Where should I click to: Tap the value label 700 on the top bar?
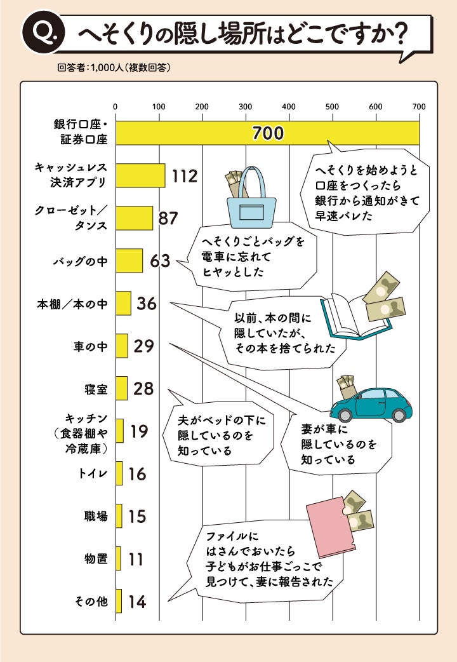[267, 133]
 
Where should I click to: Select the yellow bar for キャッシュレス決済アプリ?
[140, 175]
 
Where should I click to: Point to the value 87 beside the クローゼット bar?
[168, 218]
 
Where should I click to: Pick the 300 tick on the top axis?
[245, 106]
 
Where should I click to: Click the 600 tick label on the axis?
[375, 106]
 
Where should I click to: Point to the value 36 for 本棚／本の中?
[146, 304]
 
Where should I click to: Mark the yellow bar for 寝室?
[121, 388]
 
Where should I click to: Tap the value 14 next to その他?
[136, 602]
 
